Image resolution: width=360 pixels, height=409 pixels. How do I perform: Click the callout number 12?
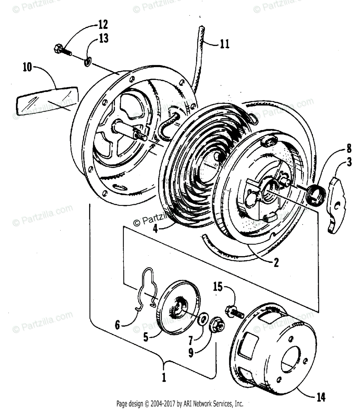click(103, 25)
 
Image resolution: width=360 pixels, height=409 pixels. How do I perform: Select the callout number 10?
click(27, 67)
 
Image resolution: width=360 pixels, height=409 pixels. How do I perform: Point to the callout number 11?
click(224, 44)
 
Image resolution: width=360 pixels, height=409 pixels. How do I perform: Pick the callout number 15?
click(217, 287)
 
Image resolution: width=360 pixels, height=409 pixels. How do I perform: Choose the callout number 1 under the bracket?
click(164, 378)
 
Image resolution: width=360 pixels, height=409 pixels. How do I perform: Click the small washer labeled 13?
click(87, 61)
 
